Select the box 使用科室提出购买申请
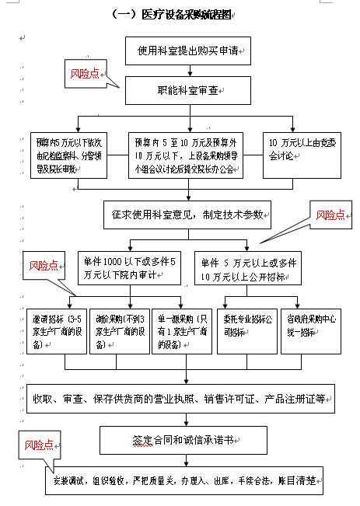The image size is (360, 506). (191, 52)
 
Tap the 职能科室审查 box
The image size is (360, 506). (191, 91)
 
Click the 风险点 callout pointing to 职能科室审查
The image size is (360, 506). (86, 74)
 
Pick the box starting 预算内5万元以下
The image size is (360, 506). (69, 155)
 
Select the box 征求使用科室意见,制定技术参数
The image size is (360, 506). (187, 212)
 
